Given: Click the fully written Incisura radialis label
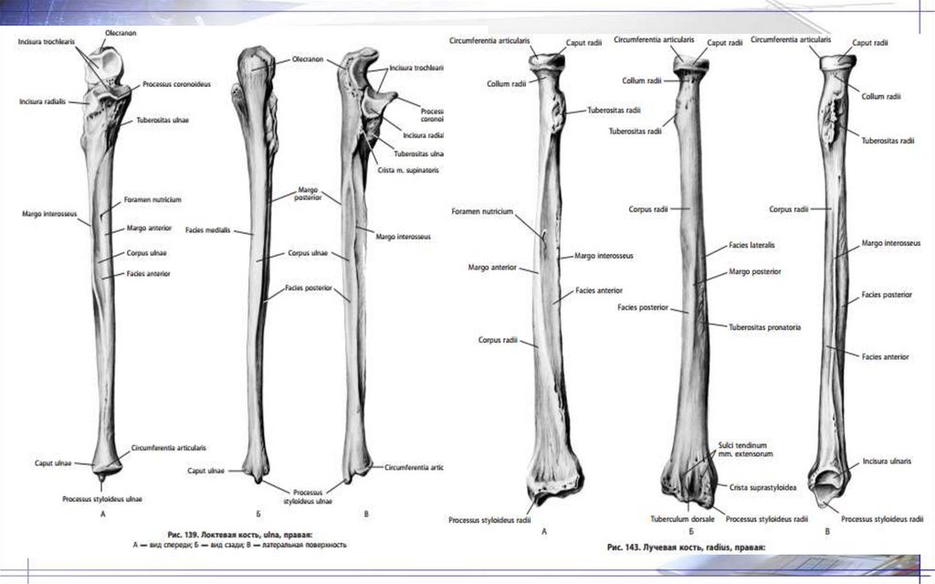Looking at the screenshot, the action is tap(44, 101).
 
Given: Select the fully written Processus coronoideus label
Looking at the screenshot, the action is tap(176, 84).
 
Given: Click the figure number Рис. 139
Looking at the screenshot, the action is tap(186, 532).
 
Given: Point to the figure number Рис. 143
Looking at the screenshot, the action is tap(626, 547).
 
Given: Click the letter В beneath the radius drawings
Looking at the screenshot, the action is tap(827, 531).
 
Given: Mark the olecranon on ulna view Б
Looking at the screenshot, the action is tap(256, 64).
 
